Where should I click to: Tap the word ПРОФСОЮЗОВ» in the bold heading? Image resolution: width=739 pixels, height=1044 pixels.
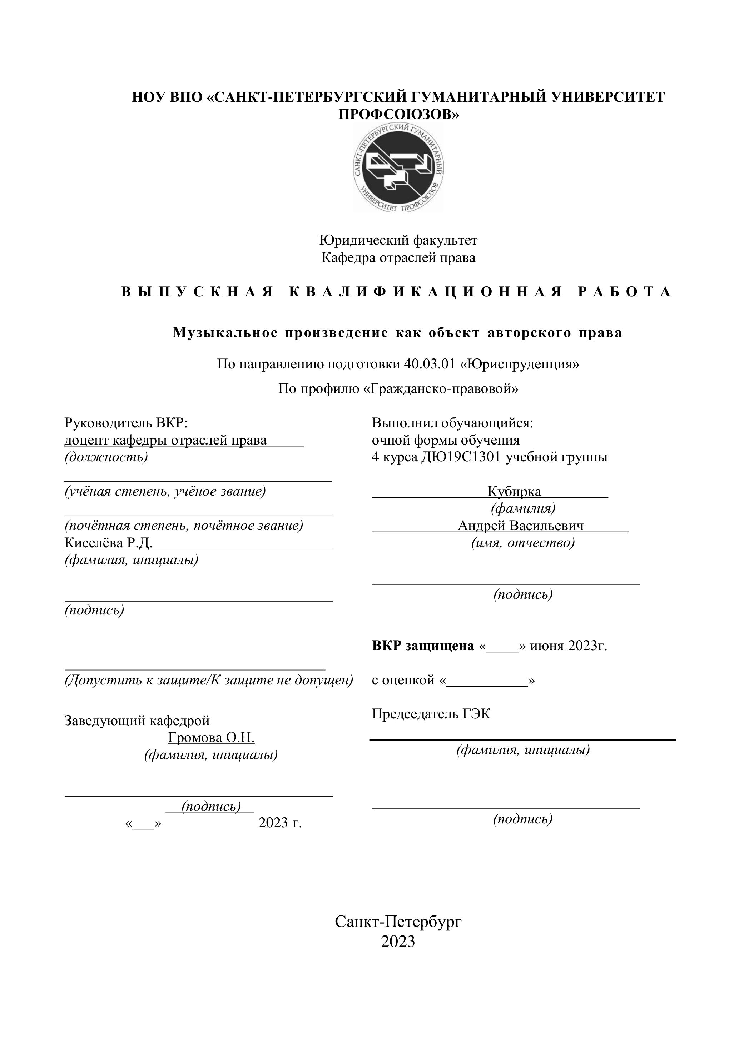point(398,114)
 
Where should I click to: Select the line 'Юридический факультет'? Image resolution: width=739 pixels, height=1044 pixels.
point(398,240)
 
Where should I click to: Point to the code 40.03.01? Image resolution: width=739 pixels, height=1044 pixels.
point(429,364)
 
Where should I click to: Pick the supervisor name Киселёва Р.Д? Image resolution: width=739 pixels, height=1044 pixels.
point(108,543)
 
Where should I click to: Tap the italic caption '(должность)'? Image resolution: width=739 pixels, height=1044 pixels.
point(106,457)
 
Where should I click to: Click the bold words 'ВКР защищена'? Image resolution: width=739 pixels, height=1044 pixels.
point(423,646)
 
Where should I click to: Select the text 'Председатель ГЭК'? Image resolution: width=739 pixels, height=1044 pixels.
point(431,714)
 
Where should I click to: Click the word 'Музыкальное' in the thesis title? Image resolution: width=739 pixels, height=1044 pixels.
point(225,333)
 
